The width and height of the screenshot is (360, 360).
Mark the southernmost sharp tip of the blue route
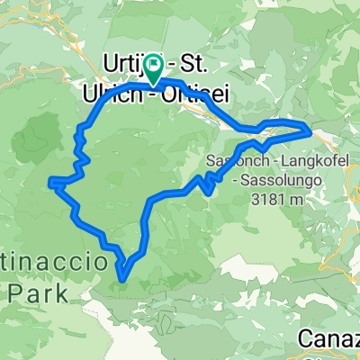coord(121,280)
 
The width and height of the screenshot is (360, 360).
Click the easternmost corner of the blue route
coord(311,131)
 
